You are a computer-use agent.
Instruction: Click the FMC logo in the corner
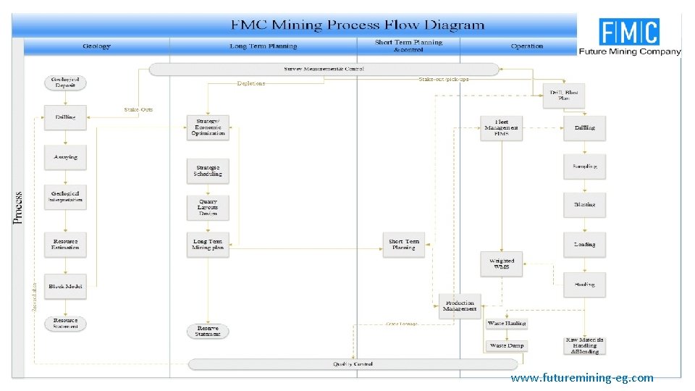click(x=629, y=36)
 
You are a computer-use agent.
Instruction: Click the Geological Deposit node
click(x=66, y=83)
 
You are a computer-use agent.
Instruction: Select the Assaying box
click(x=66, y=157)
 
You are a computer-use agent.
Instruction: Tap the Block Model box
click(x=66, y=287)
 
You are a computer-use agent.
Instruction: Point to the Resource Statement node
click(x=66, y=323)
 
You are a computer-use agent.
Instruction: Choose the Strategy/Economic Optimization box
click(x=208, y=127)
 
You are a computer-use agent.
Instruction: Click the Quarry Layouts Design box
click(x=208, y=207)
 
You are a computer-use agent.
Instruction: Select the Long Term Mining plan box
click(x=208, y=244)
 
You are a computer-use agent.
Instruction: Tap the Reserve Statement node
click(x=208, y=331)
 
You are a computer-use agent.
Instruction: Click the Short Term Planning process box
click(x=403, y=244)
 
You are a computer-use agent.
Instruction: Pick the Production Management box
click(x=460, y=306)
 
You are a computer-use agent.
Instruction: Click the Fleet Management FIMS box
click(x=502, y=128)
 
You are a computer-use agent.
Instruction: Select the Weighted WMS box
click(x=502, y=264)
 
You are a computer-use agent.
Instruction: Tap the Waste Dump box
click(x=507, y=346)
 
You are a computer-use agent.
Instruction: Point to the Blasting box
click(x=584, y=205)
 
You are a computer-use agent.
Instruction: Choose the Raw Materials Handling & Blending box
click(x=584, y=345)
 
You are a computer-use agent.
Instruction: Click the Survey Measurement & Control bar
click(x=324, y=70)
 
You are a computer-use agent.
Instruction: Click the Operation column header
click(x=526, y=46)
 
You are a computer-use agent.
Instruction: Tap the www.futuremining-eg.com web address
click(x=581, y=378)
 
